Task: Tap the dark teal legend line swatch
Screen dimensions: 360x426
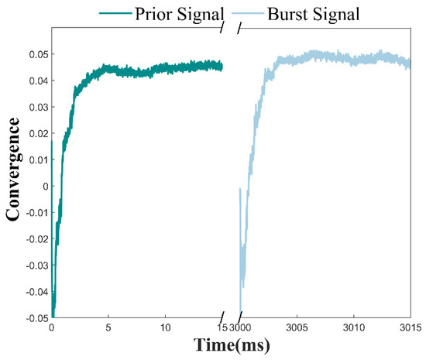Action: click(115, 13)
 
